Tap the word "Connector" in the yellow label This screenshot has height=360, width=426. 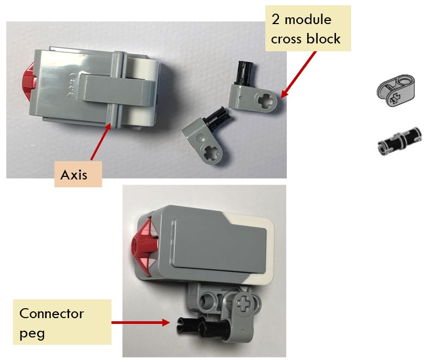coord(51,313)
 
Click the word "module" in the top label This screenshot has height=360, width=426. coord(308,20)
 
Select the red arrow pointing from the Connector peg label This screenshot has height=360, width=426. coord(139,322)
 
